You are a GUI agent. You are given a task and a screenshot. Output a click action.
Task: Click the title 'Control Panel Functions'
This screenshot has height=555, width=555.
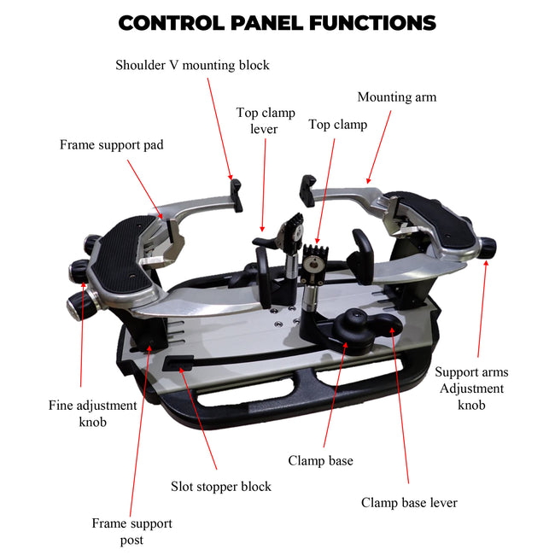[277, 23]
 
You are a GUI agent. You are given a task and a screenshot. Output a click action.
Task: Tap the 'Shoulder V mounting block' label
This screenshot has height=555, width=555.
[192, 65]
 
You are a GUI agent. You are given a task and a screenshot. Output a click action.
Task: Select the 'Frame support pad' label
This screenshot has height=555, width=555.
[111, 145]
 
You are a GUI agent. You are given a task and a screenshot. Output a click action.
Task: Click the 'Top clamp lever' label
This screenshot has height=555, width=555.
[265, 120]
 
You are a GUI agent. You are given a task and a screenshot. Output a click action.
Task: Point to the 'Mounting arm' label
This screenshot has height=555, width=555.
[396, 96]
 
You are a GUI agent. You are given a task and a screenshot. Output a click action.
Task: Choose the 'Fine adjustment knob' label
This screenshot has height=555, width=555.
[92, 413]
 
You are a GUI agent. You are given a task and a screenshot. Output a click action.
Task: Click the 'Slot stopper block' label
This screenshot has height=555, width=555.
[220, 487]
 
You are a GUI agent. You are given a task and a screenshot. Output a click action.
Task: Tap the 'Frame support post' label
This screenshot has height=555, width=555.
[131, 531]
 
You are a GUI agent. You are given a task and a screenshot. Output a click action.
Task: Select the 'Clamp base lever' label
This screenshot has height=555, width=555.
[409, 503]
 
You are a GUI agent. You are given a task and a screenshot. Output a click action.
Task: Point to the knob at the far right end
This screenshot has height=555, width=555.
[488, 248]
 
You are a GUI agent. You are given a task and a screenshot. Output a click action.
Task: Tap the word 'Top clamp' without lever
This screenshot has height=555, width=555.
[337, 125]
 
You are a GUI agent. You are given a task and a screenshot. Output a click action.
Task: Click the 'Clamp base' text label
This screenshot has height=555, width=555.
[320, 461]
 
